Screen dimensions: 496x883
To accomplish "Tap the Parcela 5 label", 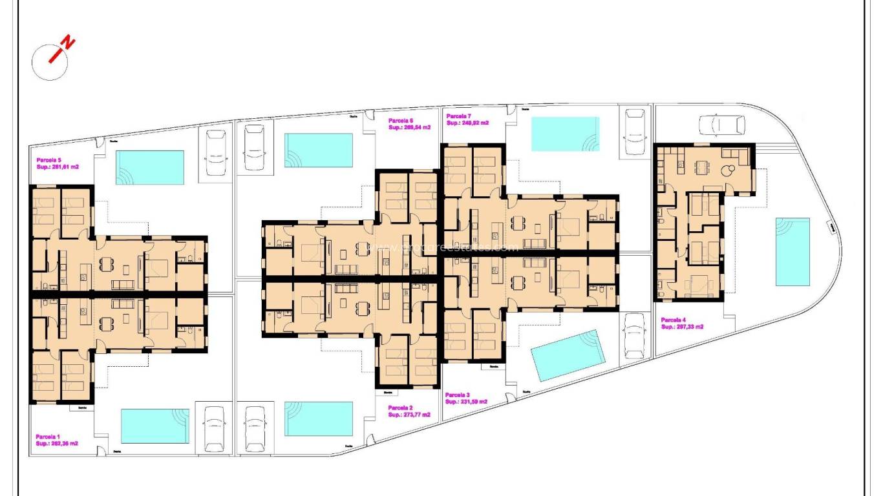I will (x=49, y=160).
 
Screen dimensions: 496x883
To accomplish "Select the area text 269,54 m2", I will (x=409, y=128).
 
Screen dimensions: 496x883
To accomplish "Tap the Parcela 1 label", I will (x=49, y=436).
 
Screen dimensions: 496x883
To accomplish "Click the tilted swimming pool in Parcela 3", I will (x=567, y=355).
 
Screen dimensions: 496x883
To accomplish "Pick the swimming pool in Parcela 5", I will (x=150, y=167).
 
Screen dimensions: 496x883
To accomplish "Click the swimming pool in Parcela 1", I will (x=155, y=426).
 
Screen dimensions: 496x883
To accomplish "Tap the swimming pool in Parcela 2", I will (x=319, y=418).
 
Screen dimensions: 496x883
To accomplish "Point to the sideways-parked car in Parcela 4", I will (x=721, y=124).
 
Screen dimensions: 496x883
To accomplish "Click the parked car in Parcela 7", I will (x=635, y=131).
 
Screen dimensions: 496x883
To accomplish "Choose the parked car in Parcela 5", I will (x=215, y=152).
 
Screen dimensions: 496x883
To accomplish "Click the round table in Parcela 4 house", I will (x=729, y=171).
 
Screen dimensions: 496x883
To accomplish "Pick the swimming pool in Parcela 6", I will (x=319, y=150).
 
